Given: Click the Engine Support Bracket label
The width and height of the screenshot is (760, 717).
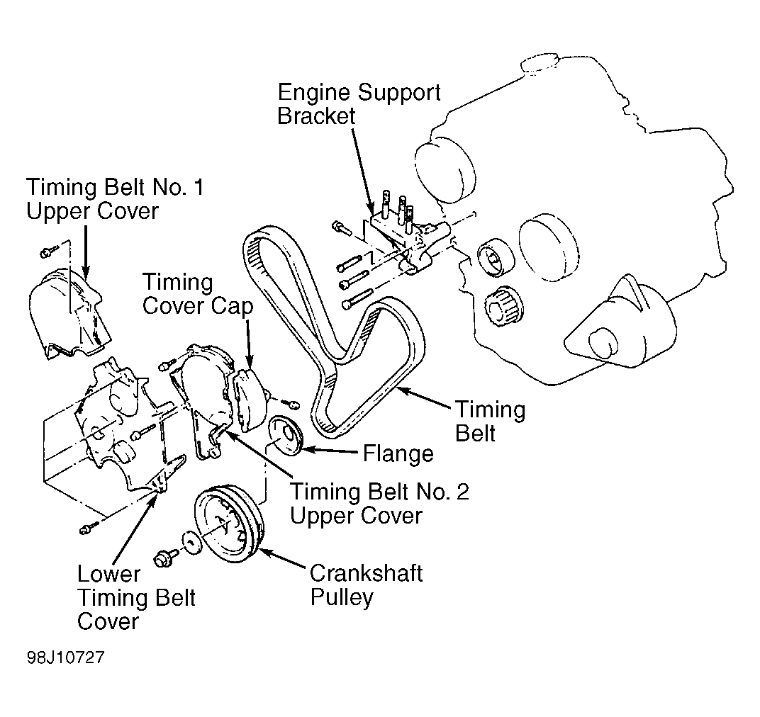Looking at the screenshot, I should (358, 104).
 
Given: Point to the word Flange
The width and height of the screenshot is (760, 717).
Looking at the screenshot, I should (398, 453).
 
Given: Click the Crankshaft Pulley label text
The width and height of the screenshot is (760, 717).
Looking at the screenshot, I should (366, 585).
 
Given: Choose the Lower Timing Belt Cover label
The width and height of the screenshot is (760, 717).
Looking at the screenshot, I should (135, 597).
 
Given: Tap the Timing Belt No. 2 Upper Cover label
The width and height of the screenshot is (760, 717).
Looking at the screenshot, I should (379, 503).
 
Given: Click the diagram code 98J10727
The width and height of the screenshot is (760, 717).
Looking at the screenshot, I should (65, 657).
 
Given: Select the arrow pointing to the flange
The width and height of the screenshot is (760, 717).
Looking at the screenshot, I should (332, 451).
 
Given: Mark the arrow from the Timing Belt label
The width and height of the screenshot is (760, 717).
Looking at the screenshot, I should (424, 398).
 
